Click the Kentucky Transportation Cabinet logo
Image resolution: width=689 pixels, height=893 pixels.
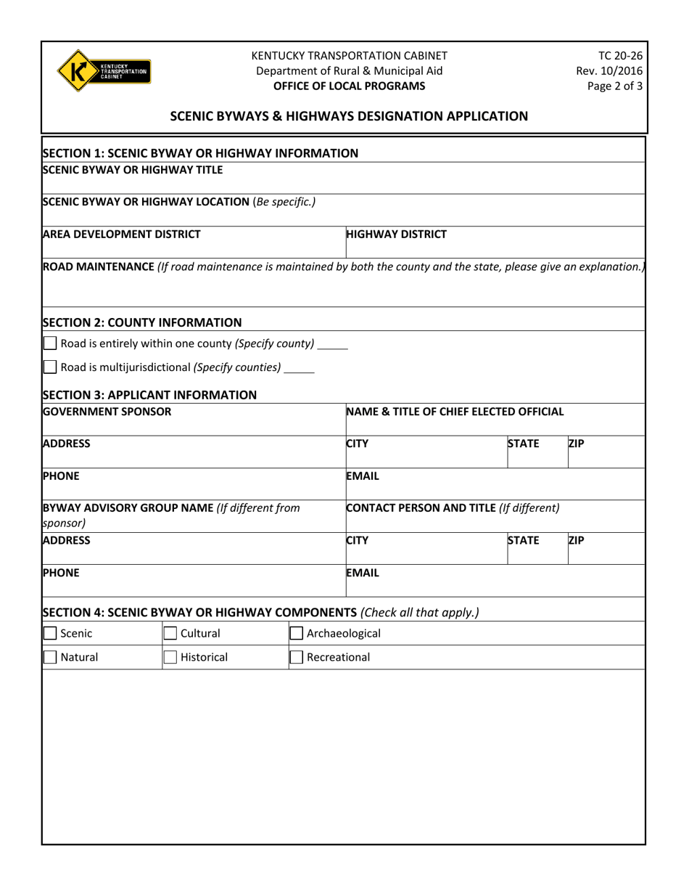(x=104, y=70)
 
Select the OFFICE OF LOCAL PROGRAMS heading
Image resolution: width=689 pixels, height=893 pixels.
(x=349, y=86)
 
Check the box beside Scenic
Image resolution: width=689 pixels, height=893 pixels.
(x=50, y=633)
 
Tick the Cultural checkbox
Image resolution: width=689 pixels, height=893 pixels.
(x=170, y=633)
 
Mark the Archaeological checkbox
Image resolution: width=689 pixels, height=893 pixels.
(x=297, y=633)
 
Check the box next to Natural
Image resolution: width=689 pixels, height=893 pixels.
(x=50, y=658)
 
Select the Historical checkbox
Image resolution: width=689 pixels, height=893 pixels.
(x=170, y=658)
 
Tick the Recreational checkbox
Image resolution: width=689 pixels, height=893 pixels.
(x=297, y=658)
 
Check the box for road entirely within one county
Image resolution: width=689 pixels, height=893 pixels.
(x=50, y=343)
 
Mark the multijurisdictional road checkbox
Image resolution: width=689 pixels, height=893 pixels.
(x=50, y=367)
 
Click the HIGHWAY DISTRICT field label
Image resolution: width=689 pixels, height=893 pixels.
(x=397, y=235)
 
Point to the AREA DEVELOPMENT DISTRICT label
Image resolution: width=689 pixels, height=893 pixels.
(x=122, y=235)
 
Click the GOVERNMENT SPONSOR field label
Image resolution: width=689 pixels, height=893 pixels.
(x=107, y=412)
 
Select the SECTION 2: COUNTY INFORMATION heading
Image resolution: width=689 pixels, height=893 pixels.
(x=142, y=322)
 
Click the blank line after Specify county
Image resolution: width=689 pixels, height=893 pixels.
(x=333, y=346)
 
